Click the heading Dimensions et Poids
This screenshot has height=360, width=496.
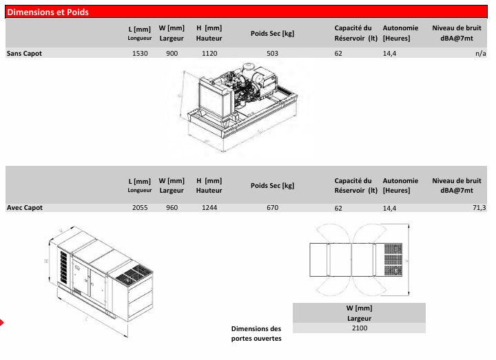coord(48,12)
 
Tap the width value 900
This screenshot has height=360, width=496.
coord(172,53)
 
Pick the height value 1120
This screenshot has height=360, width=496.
coord(209,53)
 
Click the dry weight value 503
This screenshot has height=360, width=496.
coord(272,53)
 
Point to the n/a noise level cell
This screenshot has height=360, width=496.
coord(480,53)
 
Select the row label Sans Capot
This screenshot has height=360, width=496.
coord(24,53)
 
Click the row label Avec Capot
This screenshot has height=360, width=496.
coord(25,207)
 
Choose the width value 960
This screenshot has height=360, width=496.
coord(172,207)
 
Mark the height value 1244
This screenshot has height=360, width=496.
coord(209,207)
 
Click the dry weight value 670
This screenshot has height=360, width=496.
coord(272,207)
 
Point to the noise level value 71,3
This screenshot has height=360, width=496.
coord(479,207)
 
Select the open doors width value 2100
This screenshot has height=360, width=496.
coord(359,328)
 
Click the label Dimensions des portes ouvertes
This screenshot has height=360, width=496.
coord(256,333)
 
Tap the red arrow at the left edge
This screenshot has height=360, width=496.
coord(3,321)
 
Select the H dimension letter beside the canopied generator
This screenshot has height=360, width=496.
coord(45,261)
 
